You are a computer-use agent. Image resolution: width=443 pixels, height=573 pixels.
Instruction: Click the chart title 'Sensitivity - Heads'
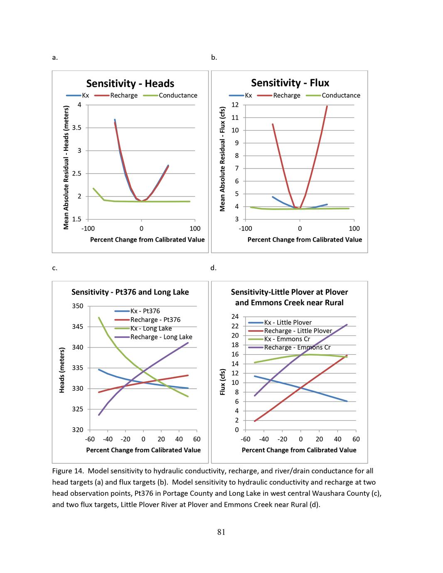pos(130,83)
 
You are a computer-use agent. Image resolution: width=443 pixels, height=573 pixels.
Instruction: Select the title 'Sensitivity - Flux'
pos(290,83)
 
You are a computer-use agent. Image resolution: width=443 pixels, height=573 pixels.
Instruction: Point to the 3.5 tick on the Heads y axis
pos(77,128)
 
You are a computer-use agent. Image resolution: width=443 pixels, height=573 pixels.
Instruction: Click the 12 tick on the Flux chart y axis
pos(235,105)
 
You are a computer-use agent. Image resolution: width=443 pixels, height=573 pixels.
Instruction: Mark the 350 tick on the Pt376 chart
pos(78,306)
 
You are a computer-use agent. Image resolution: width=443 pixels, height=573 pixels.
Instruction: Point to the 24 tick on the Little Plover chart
pos(235,316)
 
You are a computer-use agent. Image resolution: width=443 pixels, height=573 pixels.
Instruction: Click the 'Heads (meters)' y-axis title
pos(62,370)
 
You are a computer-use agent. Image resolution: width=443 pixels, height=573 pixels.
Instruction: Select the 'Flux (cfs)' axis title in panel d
pos(222,382)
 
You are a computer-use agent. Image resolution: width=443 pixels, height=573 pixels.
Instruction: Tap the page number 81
pos(221,532)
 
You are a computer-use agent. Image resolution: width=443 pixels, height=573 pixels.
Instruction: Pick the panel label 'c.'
pos(54,268)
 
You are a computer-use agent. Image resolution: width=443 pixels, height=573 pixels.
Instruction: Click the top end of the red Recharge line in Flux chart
pos(327,106)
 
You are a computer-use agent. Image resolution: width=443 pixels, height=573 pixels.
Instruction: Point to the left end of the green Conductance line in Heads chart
pos(93,189)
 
